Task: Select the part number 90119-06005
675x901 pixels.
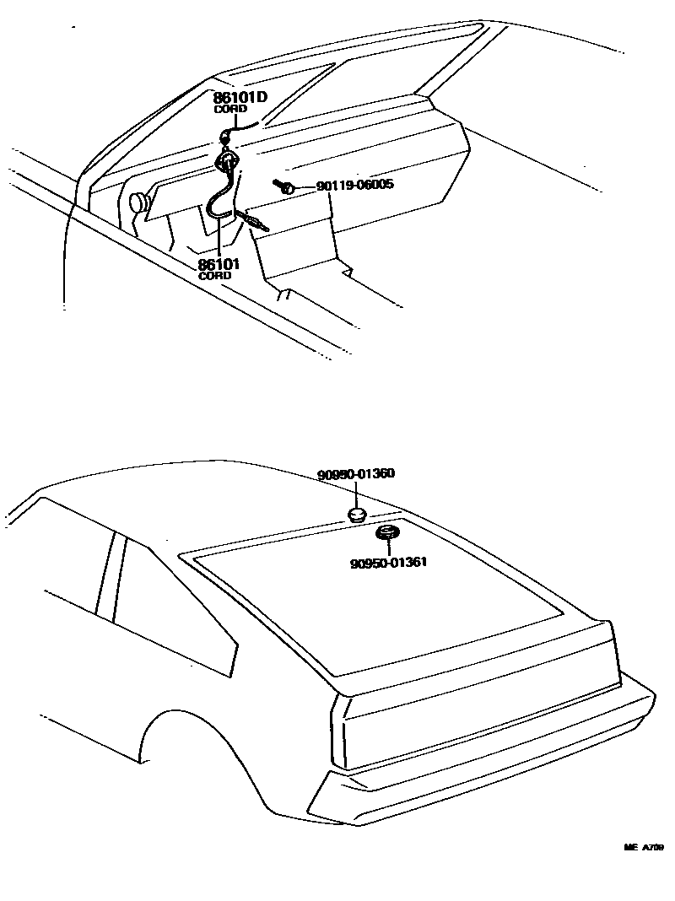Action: [x=355, y=185]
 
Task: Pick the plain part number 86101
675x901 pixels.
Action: [x=219, y=264]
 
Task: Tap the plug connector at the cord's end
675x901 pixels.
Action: [x=252, y=221]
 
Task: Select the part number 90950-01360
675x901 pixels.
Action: [x=356, y=475]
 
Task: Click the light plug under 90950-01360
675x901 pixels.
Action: [x=357, y=515]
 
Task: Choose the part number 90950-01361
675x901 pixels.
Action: [x=388, y=562]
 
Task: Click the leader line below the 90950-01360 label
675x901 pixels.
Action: [x=356, y=494]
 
